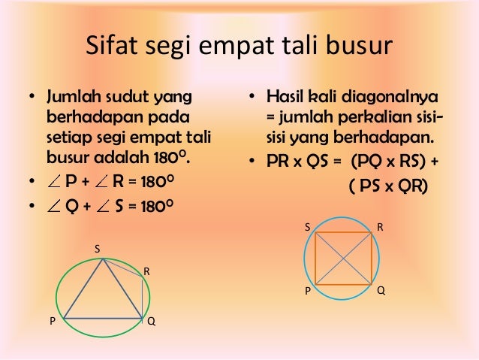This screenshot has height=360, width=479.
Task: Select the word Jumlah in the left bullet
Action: tap(74, 98)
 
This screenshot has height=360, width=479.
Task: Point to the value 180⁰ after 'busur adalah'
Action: tap(170, 158)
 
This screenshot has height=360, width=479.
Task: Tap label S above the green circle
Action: tap(96, 248)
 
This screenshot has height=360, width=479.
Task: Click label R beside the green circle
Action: tap(146, 269)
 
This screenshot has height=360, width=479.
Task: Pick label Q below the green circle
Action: tap(152, 321)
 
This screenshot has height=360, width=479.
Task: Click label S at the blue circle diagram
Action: tap(306, 225)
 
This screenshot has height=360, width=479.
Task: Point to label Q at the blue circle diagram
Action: tap(381, 290)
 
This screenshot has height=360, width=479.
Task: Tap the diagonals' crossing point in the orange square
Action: tap(344, 258)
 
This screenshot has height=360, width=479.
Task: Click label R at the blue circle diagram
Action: tap(381, 225)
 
